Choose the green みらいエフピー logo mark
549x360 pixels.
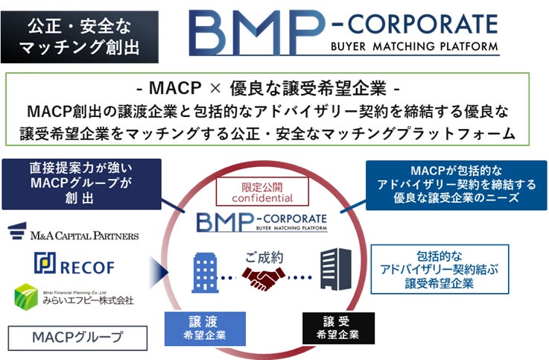pos(27,295)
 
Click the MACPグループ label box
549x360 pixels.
pos(77,337)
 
